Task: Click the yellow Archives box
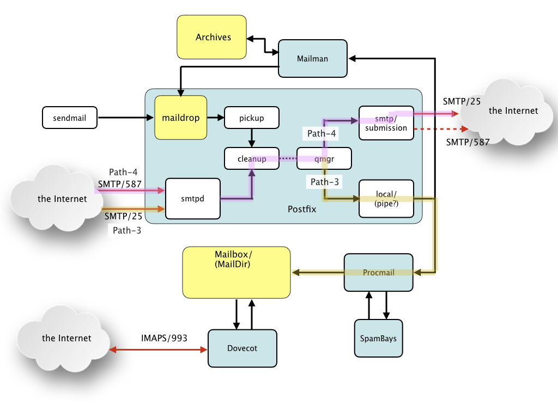point(212,37)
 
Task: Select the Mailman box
point(312,58)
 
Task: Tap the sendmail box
point(70,118)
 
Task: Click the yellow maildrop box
point(181,118)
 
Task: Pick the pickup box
point(252,118)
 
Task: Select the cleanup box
point(252,158)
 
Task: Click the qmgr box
point(324,158)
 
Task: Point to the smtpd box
point(193,198)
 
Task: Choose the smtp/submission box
point(386,123)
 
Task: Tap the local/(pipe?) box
point(386,199)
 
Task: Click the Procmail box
point(379,273)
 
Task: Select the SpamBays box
point(378,339)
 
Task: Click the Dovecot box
point(242,348)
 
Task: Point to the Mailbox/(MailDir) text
point(233,259)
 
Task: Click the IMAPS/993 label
point(164,338)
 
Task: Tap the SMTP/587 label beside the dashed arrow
point(468,142)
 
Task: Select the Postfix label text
point(302,209)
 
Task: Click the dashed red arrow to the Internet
point(441,129)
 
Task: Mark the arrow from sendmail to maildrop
point(126,118)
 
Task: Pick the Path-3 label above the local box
point(325,182)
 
